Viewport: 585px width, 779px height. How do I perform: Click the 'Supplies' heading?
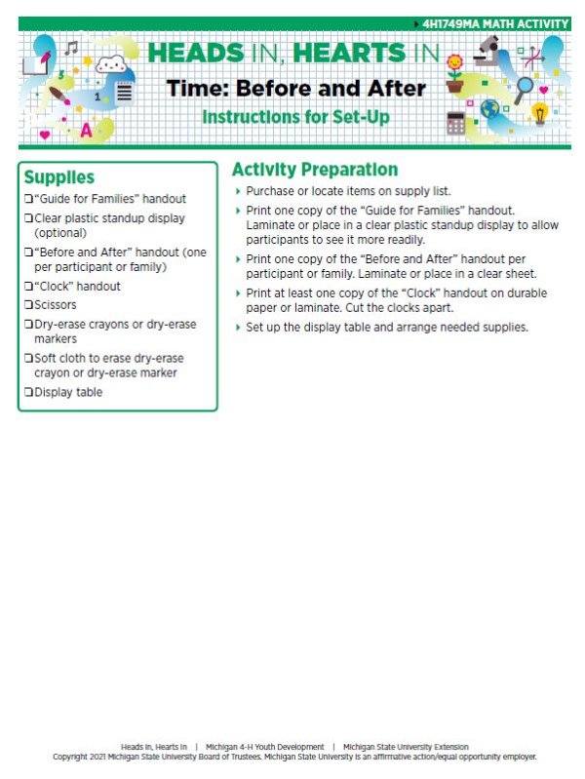(59, 177)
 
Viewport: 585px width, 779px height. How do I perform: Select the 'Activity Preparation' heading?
(314, 170)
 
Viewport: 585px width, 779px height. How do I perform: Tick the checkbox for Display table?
(28, 393)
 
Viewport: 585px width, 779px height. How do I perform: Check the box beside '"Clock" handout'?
(28, 288)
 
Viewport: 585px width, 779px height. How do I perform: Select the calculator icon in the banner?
(455, 123)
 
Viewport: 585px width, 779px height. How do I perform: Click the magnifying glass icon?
(525, 89)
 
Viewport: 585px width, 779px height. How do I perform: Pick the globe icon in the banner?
(489, 109)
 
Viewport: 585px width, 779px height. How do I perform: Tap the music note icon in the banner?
(71, 47)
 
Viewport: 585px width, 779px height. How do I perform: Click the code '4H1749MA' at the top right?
(451, 23)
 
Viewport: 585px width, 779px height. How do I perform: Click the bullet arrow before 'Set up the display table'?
(238, 328)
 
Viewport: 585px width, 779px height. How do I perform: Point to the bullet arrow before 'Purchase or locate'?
(238, 191)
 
